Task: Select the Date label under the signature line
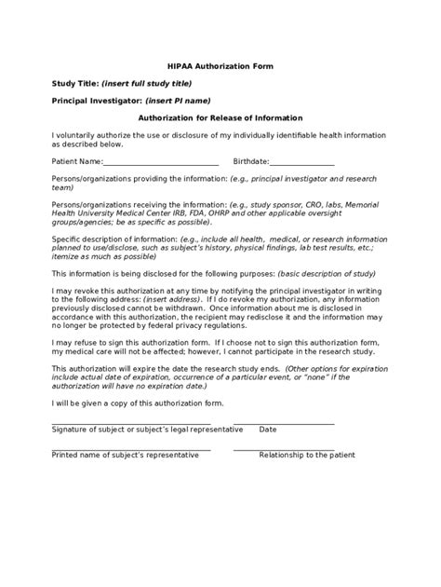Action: pos(268,430)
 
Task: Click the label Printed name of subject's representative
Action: pos(125,455)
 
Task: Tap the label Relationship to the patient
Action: pos(307,455)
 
